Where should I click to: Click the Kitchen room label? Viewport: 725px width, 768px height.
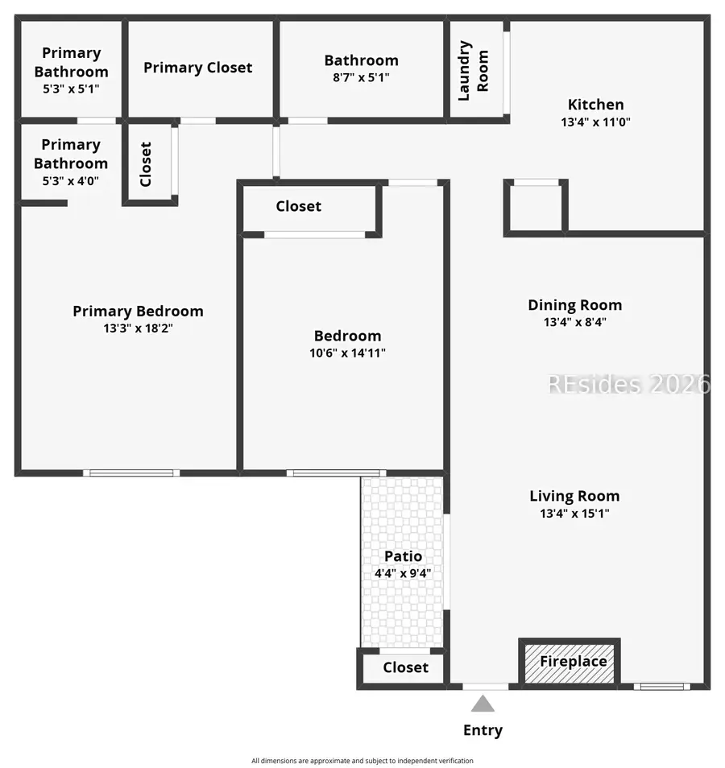pos(595,104)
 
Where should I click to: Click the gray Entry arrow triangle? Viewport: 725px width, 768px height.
pos(483,704)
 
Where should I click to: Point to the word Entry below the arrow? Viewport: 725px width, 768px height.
pos(483,730)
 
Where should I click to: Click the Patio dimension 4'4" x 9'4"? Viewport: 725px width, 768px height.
pos(403,574)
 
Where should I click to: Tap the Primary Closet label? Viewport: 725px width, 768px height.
pos(197,68)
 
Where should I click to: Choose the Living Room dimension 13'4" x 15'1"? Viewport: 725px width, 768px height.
pos(574,514)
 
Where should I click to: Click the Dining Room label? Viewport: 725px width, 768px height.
pos(574,304)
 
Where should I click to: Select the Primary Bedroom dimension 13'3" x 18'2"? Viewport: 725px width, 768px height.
pos(138,328)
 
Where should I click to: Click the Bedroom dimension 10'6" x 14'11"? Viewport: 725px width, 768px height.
pos(347,353)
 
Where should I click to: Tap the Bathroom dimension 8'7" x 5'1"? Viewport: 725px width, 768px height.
pos(361,78)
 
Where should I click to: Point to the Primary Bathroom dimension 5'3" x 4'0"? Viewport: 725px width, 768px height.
pos(71,182)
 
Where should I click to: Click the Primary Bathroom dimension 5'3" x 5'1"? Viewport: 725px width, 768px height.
pos(71,89)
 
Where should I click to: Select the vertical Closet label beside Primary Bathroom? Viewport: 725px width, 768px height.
pos(146,164)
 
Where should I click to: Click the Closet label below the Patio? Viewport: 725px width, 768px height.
pos(405,667)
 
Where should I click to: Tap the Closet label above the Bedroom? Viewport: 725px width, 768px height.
pos(298,206)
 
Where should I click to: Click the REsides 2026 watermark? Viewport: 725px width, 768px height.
pos(628,384)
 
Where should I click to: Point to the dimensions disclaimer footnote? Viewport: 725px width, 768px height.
pos(362,761)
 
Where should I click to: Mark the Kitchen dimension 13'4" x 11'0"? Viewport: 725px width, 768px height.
pos(595,122)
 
